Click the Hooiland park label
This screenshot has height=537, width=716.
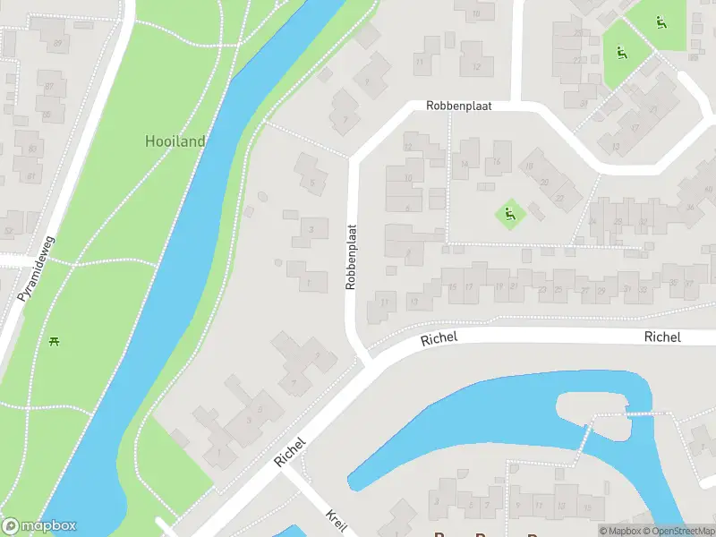tap(175, 141)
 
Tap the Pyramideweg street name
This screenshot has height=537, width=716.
tap(36, 268)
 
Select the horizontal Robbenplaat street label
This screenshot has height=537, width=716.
tap(459, 106)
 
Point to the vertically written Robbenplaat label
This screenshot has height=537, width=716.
tap(351, 257)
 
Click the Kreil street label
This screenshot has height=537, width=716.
tap(336, 522)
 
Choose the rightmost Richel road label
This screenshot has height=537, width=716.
tap(661, 337)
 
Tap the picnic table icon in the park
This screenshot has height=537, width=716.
tap(55, 340)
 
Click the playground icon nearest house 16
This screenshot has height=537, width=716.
tap(509, 214)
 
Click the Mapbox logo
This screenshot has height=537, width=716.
tap(39, 526)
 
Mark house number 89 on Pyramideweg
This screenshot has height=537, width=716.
tap(59, 43)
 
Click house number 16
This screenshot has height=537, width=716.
tap(496, 162)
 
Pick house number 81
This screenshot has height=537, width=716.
tap(31, 176)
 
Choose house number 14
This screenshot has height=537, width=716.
tap(464, 165)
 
